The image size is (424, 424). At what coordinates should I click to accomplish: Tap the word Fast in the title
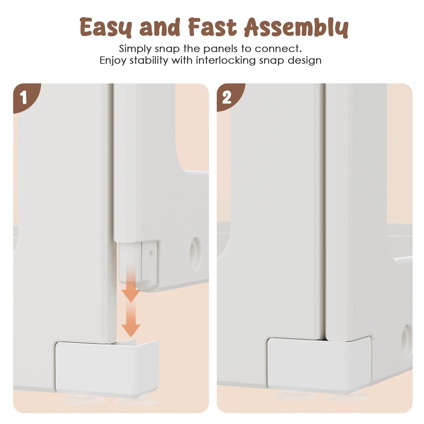212,27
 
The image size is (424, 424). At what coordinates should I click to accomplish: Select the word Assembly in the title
296,28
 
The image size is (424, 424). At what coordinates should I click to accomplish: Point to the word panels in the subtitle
220,49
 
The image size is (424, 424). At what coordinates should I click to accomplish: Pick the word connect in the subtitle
278,49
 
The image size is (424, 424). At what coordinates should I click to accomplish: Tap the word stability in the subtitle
149,60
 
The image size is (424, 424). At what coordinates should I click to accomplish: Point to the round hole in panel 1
195,254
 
